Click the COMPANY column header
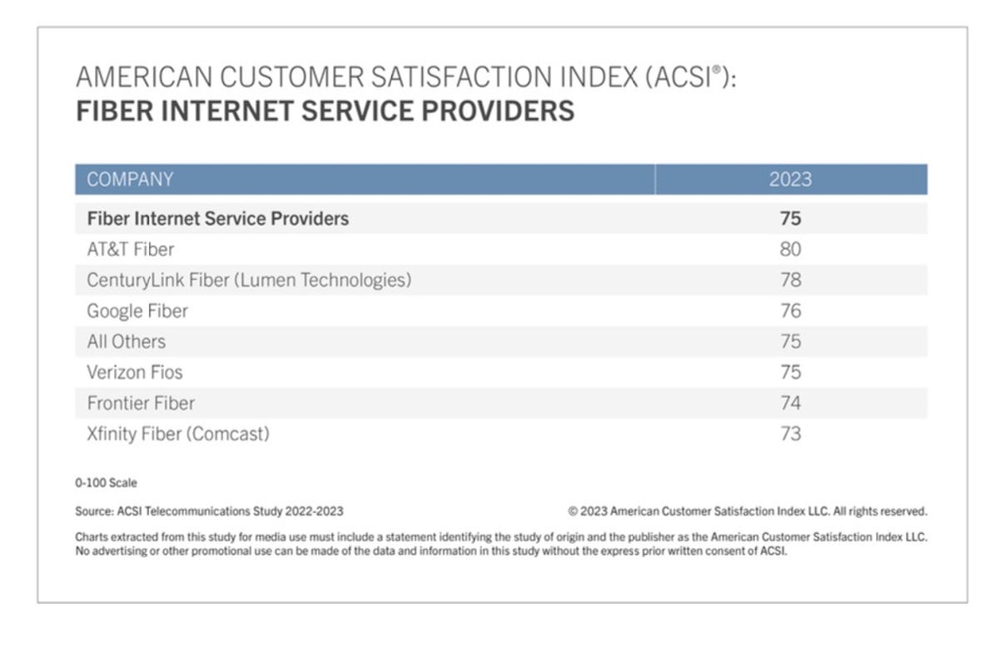pyautogui.click(x=130, y=179)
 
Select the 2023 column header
pyautogui.click(x=790, y=179)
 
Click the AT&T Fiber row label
pyautogui.click(x=131, y=249)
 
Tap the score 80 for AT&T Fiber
pyautogui.click(x=790, y=249)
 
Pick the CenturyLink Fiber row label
pyautogui.click(x=249, y=280)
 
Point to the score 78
pyautogui.click(x=790, y=280)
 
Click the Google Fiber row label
pyautogui.click(x=137, y=311)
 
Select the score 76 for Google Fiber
pyautogui.click(x=790, y=311)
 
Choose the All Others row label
pyautogui.click(x=127, y=341)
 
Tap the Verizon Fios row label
pyautogui.click(x=135, y=372)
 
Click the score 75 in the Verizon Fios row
pyautogui.click(x=790, y=372)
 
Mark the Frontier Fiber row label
pyautogui.click(x=141, y=403)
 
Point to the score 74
pyautogui.click(x=790, y=403)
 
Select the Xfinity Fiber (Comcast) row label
pyautogui.click(x=178, y=434)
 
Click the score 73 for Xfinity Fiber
pyautogui.click(x=790, y=434)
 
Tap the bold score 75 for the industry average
pyautogui.click(x=790, y=218)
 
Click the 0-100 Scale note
pyautogui.click(x=106, y=483)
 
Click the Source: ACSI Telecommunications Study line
pyautogui.click(x=209, y=511)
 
